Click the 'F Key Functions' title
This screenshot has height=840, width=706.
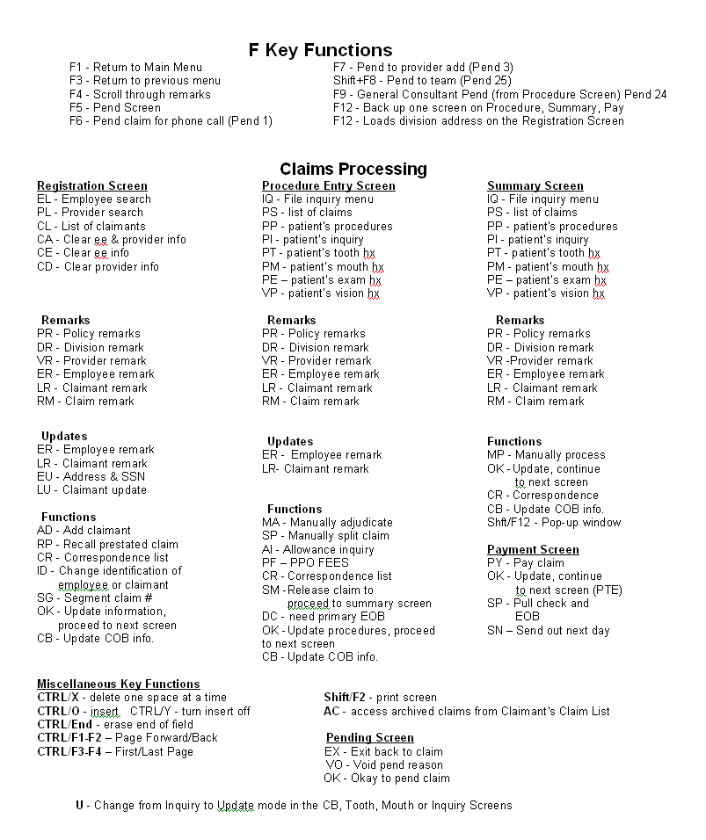click(320, 50)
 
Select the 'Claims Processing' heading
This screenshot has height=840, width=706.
click(353, 169)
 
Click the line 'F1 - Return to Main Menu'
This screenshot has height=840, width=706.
click(135, 67)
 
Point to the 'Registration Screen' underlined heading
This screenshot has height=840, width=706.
click(92, 186)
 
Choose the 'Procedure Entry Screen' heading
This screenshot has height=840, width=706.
click(329, 186)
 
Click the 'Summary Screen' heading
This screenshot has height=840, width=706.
click(535, 186)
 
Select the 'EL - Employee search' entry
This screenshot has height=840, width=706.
click(94, 199)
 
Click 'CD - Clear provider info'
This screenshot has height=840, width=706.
click(98, 266)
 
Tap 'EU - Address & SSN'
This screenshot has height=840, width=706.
click(91, 476)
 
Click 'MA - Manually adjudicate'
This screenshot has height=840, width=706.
click(327, 523)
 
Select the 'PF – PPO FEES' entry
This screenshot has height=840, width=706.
click(305, 562)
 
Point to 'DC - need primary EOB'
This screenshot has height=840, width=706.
click(324, 617)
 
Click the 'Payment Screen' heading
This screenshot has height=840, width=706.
click(533, 550)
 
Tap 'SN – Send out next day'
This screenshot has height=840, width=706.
click(549, 631)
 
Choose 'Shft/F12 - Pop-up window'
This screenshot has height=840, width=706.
click(554, 523)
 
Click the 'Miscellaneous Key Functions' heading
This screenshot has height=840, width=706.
click(119, 684)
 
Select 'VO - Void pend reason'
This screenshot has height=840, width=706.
click(384, 764)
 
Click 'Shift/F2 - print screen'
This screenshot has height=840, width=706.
click(380, 698)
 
